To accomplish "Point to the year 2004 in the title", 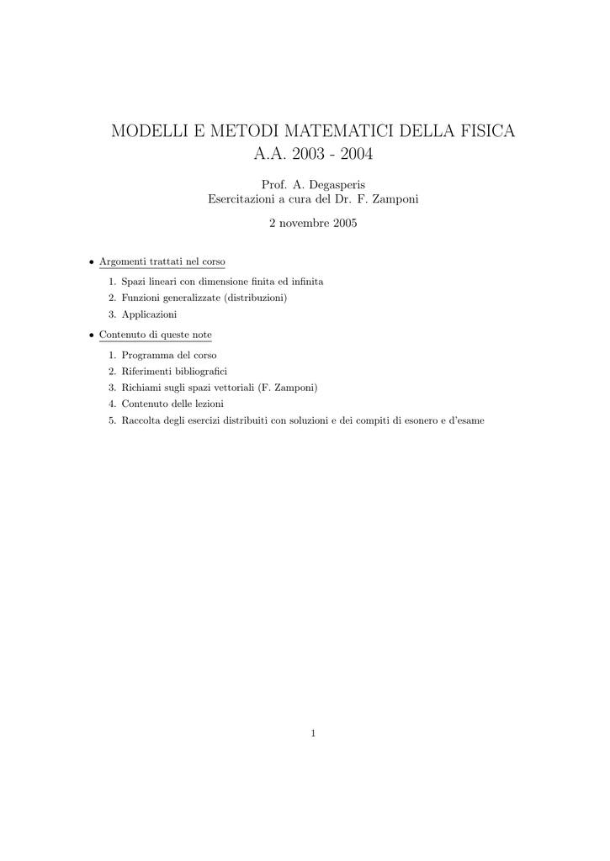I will [351, 156].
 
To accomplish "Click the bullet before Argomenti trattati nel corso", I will [92, 261].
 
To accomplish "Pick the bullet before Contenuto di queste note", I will [92, 335].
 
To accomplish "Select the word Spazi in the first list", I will [134, 282].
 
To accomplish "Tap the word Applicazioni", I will [149, 314].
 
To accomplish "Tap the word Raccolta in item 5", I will [141, 420].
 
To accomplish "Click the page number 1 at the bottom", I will [313, 734].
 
